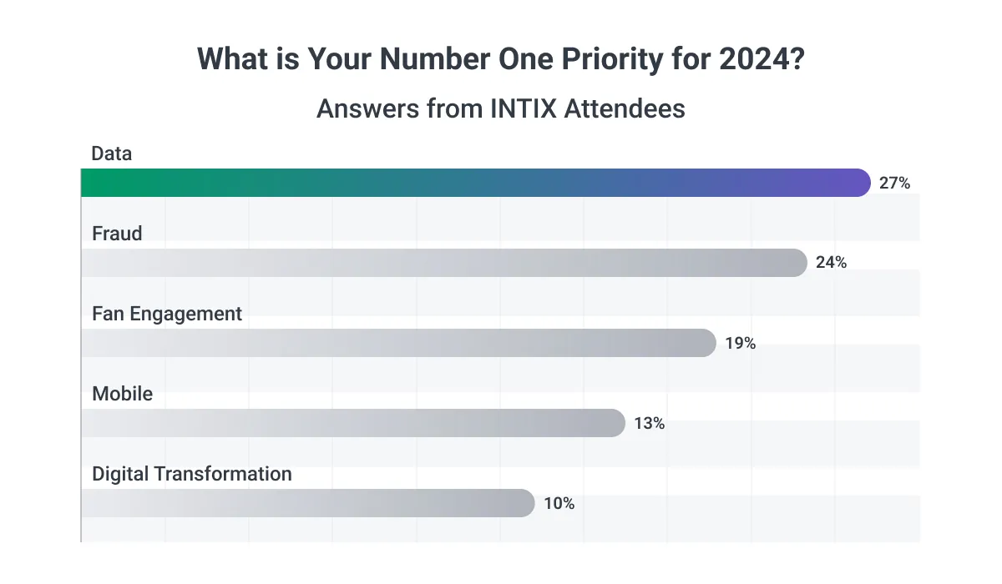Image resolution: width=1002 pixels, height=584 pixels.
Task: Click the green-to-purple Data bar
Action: point(476,183)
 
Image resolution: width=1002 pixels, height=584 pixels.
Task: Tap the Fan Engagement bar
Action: point(398,343)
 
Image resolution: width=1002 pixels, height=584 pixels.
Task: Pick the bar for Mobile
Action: point(352,423)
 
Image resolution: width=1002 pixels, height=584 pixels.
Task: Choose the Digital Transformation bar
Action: point(307,503)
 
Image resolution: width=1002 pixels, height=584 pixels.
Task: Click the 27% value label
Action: point(894,184)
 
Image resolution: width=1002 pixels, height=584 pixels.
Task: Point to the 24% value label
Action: point(831,263)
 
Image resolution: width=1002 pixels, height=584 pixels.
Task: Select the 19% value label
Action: point(740,343)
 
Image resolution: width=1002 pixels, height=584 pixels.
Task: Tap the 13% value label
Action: point(649,423)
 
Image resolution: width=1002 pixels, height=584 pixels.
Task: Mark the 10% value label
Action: point(559,503)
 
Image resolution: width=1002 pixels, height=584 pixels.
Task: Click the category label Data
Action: point(112,154)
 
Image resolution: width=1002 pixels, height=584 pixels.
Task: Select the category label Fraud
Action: point(117,234)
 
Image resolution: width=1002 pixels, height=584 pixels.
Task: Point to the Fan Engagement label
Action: point(167,314)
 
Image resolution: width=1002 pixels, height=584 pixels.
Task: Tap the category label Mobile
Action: point(123,394)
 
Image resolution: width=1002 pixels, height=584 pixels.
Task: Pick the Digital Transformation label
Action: point(192,474)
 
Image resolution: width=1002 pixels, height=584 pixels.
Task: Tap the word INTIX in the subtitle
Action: point(510,108)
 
